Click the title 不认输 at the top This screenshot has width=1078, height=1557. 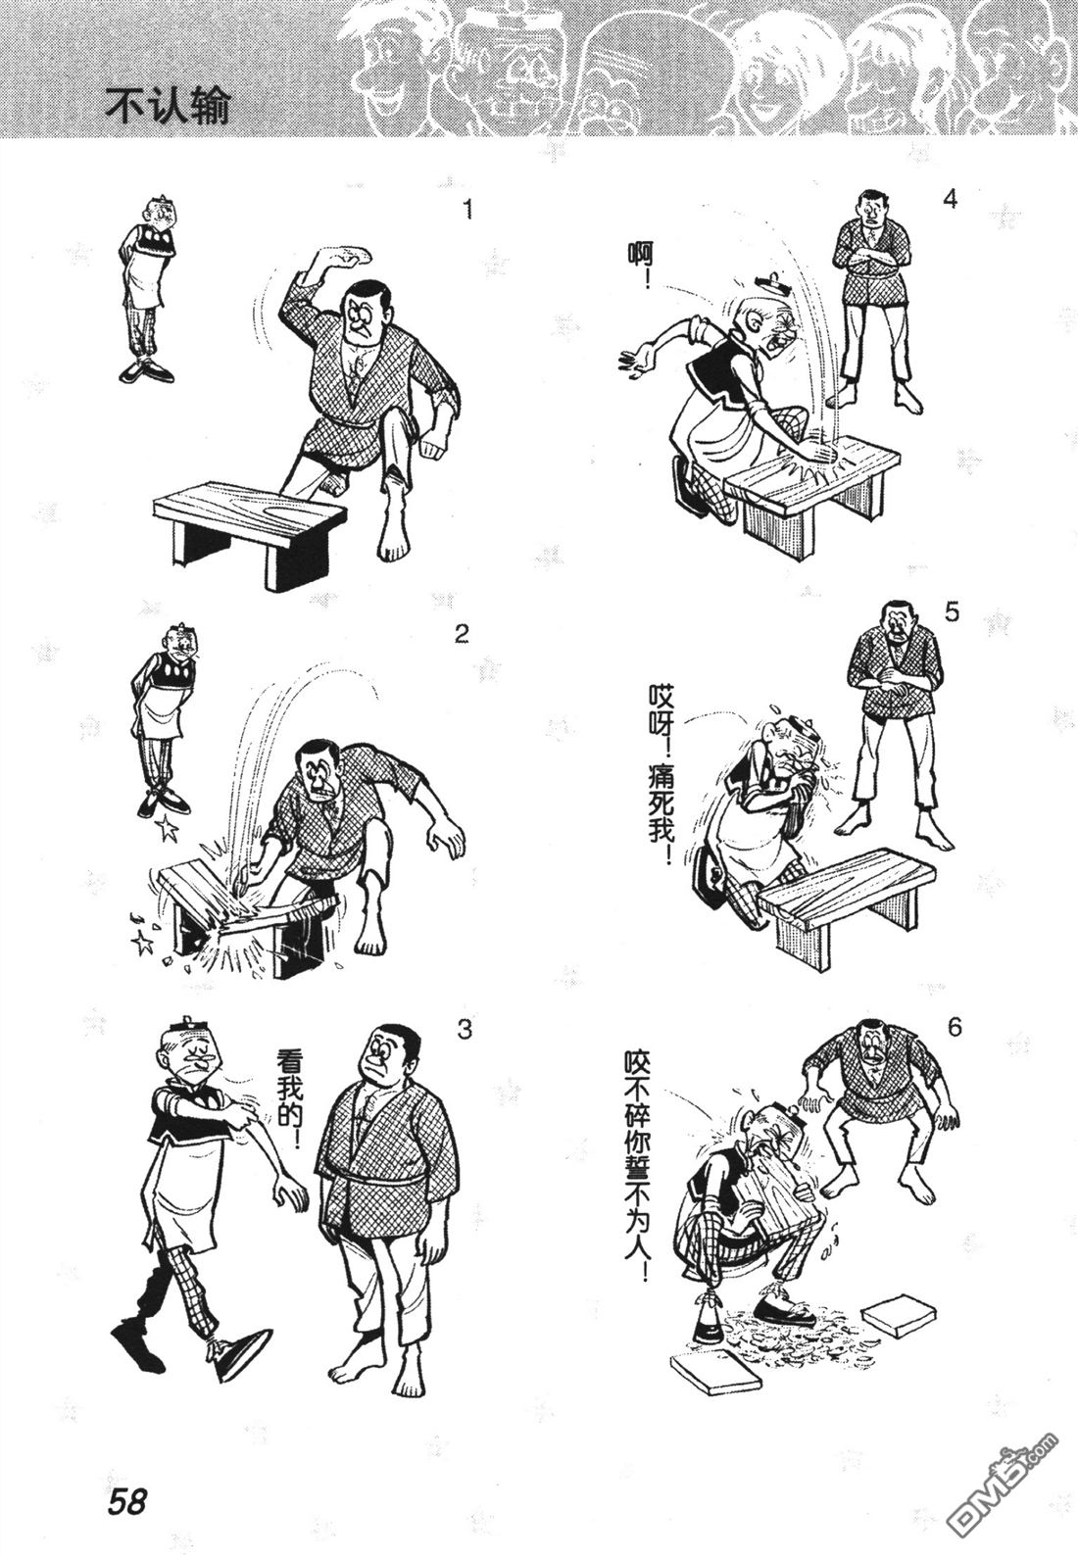(167, 107)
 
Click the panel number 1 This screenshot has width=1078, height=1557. (468, 210)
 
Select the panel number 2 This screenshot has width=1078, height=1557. (461, 635)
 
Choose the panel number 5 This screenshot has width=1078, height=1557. (952, 613)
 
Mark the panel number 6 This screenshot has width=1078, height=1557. (954, 1027)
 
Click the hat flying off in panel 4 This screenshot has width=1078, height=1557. (772, 282)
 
